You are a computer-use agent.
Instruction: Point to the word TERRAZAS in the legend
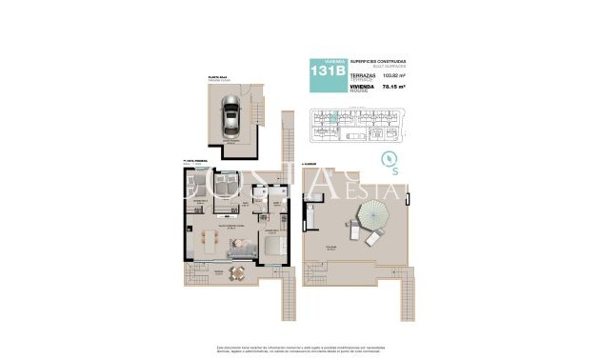363,72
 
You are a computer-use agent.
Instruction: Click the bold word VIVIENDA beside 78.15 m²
362,86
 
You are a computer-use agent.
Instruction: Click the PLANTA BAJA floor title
221,77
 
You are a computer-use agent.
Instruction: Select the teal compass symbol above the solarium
389,159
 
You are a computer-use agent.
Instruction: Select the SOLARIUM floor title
309,164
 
